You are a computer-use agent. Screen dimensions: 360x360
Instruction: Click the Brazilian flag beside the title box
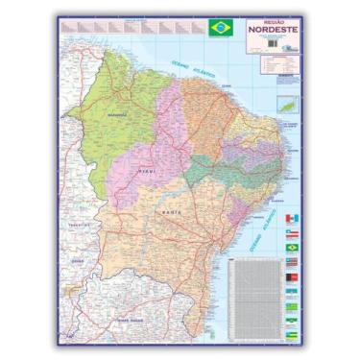[x=220, y=28]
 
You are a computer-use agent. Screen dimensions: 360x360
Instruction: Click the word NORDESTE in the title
[x=273, y=29]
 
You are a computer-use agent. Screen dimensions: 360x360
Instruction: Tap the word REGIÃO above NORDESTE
[x=273, y=20]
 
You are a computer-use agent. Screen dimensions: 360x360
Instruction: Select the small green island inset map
[x=287, y=103]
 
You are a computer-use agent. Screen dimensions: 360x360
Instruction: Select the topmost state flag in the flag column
[x=294, y=218]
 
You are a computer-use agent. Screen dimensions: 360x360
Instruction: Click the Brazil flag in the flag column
[x=294, y=248]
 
